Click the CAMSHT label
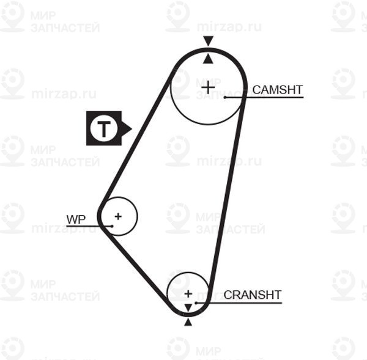tap(278, 90)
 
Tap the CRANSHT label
tap(252, 295)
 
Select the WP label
tap(76, 219)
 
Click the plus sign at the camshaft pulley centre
tap(208, 88)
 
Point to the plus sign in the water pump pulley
tap(118, 216)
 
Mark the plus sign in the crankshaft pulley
tap(188, 293)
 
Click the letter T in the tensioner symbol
tap(104, 128)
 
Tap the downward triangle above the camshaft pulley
tap(208, 41)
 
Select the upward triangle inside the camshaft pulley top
tap(208, 59)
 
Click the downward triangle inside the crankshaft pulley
tap(188, 307)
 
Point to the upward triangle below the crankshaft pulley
tap(188, 323)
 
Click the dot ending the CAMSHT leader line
tap(225, 97)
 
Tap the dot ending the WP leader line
tap(112, 226)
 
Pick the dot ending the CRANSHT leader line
tap(196, 303)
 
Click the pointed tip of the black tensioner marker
tap(132, 128)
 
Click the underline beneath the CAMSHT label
tap(264, 97)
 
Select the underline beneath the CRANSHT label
tap(239, 303)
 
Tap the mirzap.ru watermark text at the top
tap(229, 27)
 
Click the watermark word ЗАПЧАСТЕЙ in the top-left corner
tap(65, 28)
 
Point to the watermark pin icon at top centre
tap(177, 16)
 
